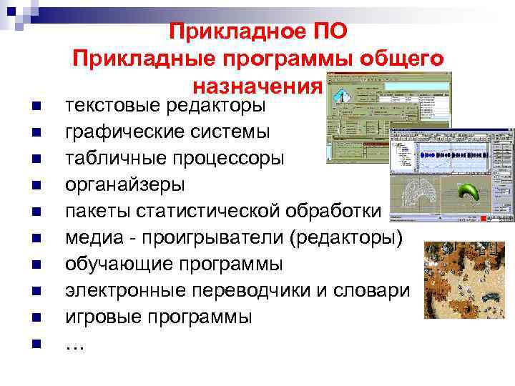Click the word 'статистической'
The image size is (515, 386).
(x=219, y=211)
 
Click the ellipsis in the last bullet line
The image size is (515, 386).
(x=74, y=345)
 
